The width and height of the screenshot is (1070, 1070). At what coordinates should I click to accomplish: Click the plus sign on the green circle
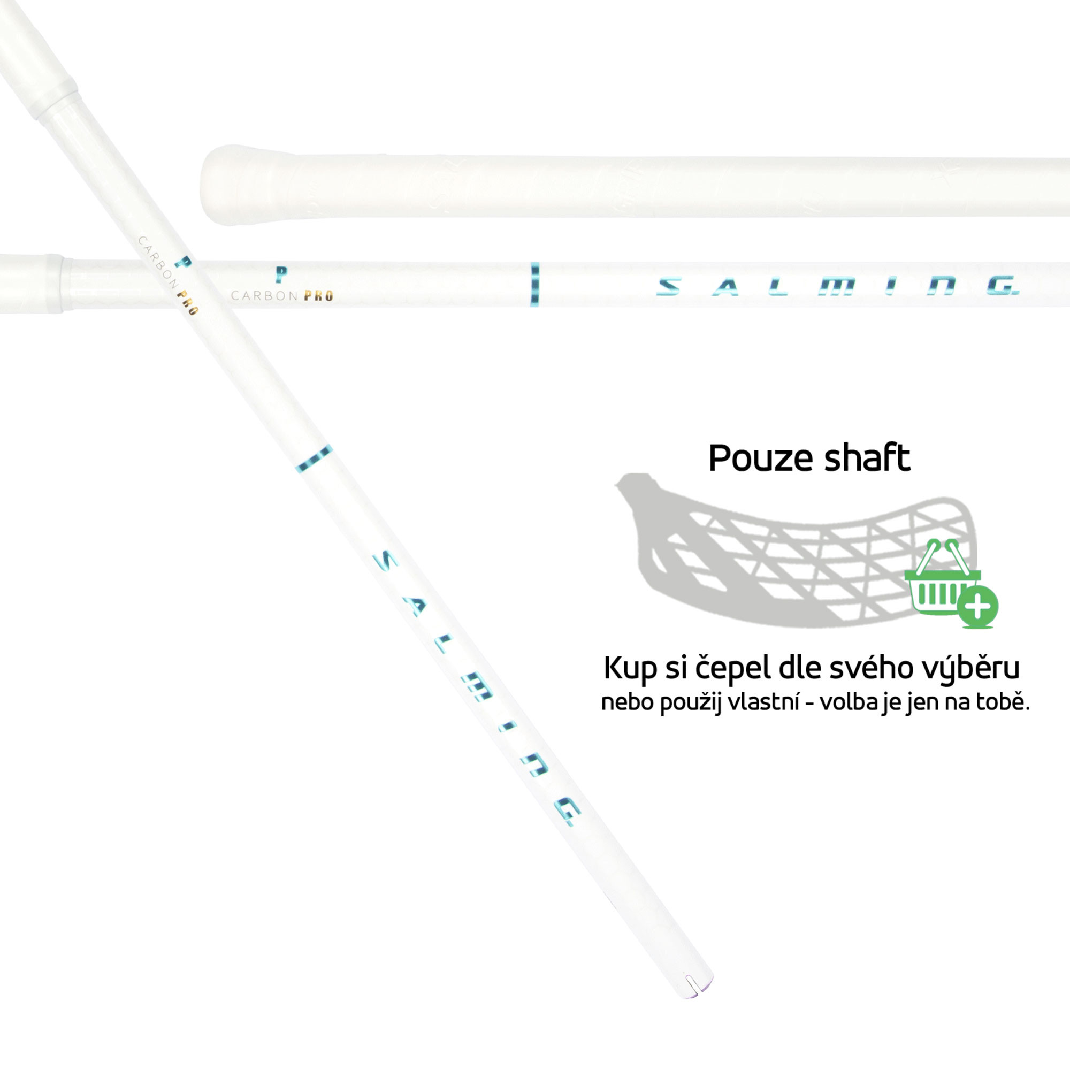(978, 607)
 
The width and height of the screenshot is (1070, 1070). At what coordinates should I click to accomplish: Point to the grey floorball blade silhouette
(775, 548)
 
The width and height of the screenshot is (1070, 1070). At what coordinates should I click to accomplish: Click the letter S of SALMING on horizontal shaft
(668, 286)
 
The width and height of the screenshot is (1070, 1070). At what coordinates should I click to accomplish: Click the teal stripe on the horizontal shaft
(534, 284)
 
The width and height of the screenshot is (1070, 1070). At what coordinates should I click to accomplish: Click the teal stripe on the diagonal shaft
(314, 458)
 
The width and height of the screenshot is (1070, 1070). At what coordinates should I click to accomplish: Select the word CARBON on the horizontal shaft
(264, 296)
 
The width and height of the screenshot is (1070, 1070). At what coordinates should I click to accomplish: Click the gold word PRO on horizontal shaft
(318, 296)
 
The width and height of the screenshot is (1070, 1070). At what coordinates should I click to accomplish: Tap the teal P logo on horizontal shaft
(281, 273)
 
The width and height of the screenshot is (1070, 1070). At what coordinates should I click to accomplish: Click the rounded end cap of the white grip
(213, 185)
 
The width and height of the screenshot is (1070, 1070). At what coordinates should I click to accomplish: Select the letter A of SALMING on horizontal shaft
(725, 287)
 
